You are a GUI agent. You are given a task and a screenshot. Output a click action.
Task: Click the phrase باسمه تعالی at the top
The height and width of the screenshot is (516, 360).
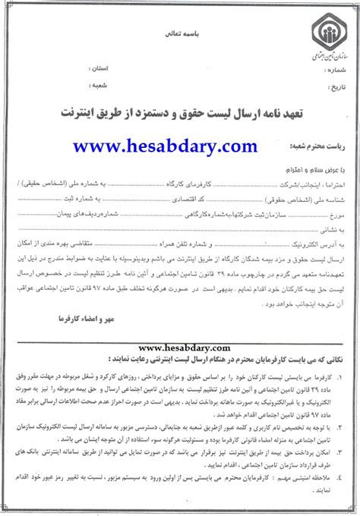178,35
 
